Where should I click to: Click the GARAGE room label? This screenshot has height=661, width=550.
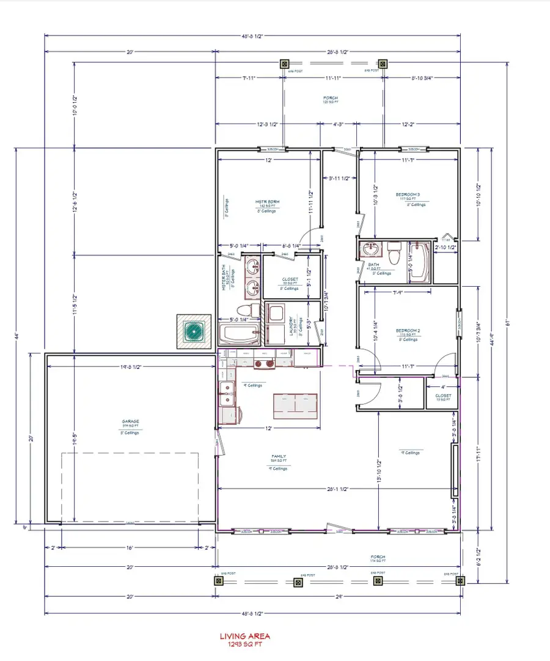tap(130, 421)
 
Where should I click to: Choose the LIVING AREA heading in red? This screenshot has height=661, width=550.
tap(244, 637)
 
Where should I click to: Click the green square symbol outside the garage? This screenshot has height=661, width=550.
tap(194, 331)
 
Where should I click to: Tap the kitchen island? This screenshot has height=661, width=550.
tap(296, 404)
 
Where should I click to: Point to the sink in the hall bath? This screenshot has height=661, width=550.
tap(369, 249)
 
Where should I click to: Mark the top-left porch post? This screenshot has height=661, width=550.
tap(284, 64)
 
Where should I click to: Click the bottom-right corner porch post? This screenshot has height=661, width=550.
tap(459, 582)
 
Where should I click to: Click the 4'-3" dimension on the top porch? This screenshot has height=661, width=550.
tap(338, 124)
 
